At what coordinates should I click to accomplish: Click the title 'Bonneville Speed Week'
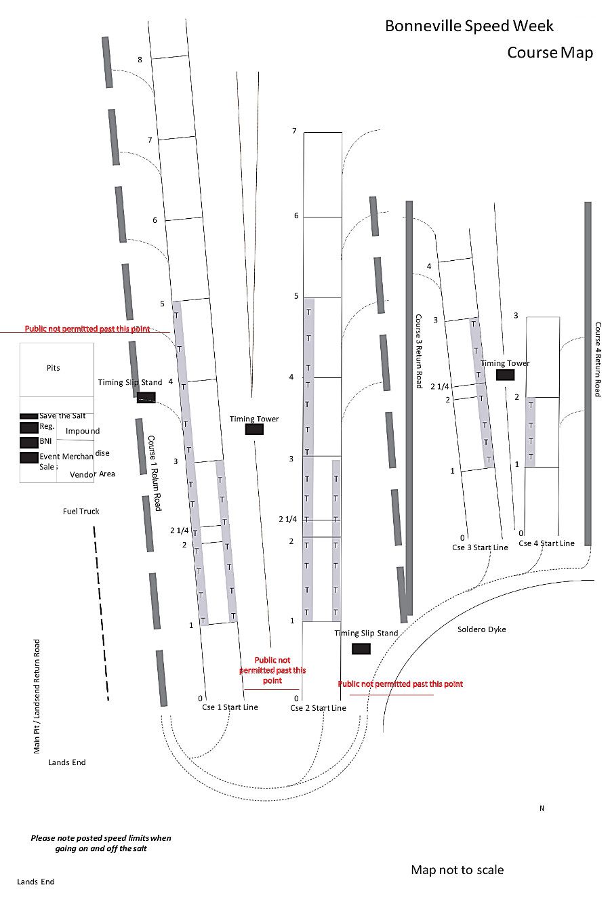[469, 26]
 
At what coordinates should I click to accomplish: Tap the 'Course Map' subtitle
[550, 53]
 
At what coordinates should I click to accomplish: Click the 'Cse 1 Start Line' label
[230, 707]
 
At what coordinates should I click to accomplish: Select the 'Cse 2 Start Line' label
[318, 708]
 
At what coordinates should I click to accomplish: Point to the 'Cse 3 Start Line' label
[480, 547]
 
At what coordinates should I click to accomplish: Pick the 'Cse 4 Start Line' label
[546, 543]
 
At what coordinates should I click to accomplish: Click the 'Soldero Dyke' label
[481, 629]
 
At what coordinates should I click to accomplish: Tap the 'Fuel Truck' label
[81, 512]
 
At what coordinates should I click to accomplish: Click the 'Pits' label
[53, 368]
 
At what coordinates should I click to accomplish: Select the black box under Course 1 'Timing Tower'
[254, 429]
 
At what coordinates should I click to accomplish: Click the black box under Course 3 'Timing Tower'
[505, 375]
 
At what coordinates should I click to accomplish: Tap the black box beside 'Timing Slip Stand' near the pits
[146, 397]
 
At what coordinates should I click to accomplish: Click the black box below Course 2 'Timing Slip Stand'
[361, 648]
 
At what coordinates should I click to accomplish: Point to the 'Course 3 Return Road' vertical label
[418, 350]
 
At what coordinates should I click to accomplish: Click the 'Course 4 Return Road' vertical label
[598, 359]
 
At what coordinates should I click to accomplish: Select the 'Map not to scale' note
[457, 870]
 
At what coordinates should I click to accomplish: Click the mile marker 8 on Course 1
[140, 60]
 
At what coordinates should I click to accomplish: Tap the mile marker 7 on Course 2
[294, 131]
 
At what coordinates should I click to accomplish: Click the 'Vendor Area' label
[92, 474]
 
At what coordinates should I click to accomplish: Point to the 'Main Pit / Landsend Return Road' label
[37, 696]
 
